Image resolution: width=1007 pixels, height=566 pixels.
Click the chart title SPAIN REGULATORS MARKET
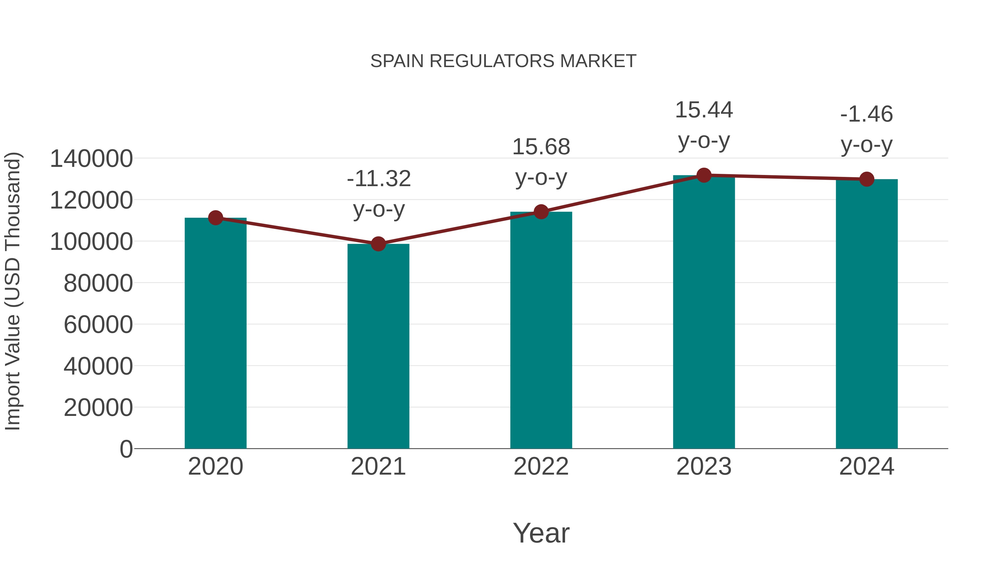pyautogui.click(x=503, y=61)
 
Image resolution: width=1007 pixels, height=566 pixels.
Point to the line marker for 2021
pyautogui.click(x=378, y=244)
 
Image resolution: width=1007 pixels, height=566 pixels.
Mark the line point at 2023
pyautogui.click(x=704, y=175)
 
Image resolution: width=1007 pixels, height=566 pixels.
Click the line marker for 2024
pyautogui.click(x=867, y=179)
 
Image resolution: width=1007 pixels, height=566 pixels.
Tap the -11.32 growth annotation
pyautogui.click(x=378, y=179)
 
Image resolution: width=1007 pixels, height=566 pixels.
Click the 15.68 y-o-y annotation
pyautogui.click(x=541, y=148)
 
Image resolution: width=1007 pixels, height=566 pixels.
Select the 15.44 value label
pyautogui.click(x=704, y=110)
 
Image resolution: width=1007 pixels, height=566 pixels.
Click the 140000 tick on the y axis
pyautogui.click(x=91, y=159)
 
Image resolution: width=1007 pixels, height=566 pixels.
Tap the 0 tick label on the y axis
pyautogui.click(x=126, y=449)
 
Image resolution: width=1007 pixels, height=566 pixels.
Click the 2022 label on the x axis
pyautogui.click(x=541, y=466)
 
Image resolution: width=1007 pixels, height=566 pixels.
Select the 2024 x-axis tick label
pyautogui.click(x=867, y=466)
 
